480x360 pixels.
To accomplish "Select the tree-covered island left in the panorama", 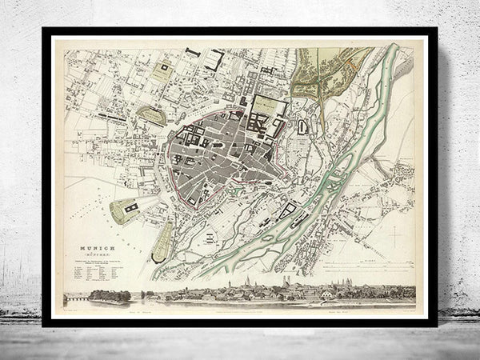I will coord(110,296).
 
